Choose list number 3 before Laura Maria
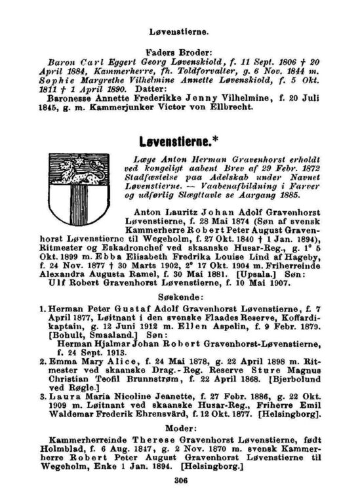[42, 397]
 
